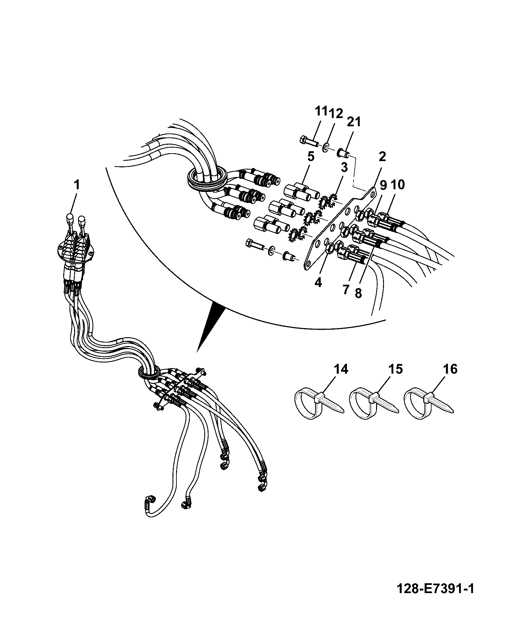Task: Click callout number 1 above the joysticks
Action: [76, 185]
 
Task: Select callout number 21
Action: [354, 122]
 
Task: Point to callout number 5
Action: [311, 156]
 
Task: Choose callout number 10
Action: [398, 185]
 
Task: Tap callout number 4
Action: [318, 282]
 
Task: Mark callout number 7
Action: [346, 290]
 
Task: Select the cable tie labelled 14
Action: [318, 404]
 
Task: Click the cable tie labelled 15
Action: [373, 404]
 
